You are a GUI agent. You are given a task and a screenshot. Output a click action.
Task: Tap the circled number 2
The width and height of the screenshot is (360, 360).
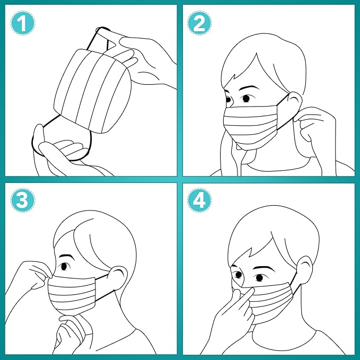tap(200, 23)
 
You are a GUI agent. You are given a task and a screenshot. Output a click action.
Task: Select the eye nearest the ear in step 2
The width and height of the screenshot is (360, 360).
tap(247, 99)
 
